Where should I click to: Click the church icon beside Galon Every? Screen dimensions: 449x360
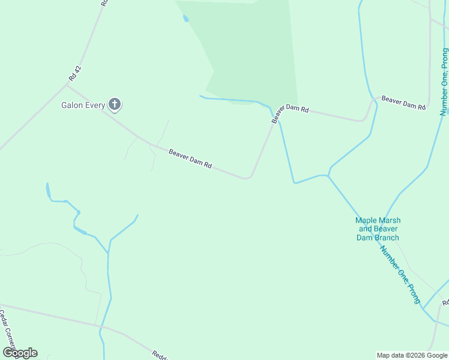115,105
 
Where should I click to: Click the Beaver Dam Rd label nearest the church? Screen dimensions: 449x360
190,158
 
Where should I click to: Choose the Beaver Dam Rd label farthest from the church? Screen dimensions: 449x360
403,103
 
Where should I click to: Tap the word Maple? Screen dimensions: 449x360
366,221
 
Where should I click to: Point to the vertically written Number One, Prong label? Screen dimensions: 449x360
444,82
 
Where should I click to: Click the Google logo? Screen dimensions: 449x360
20,353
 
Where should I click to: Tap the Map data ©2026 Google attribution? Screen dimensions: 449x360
412,355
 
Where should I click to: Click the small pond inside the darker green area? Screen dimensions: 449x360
185,18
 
